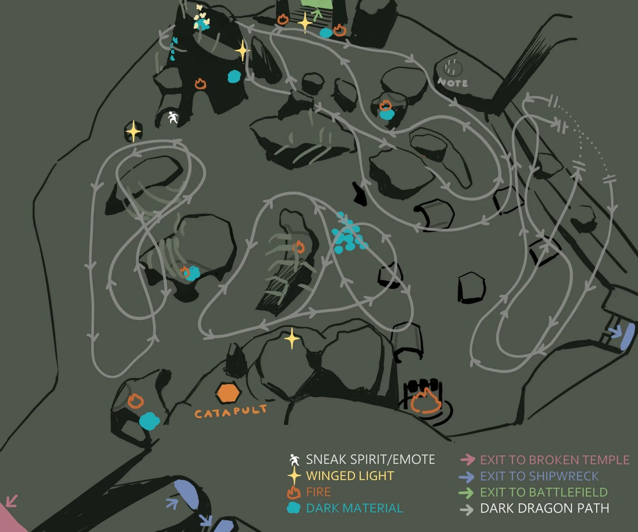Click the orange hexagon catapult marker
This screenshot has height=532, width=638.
pos(229,393)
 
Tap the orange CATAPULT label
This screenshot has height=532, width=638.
pos(230,412)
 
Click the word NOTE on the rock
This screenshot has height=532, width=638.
pos(453,83)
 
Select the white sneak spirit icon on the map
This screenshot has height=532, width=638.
pos(173,117)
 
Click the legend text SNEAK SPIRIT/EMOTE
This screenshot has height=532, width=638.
pos(370,459)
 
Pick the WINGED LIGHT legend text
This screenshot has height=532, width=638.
pos(350,476)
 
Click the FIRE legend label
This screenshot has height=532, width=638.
pos(318,492)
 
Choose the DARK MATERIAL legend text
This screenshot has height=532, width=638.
pos(354,508)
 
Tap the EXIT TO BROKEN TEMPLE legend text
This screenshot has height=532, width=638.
pos(555,460)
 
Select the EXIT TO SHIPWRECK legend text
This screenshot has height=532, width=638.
pos(539,476)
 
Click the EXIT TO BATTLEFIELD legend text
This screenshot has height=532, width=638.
pos(544,492)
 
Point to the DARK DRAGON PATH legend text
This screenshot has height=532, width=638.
pos(544,508)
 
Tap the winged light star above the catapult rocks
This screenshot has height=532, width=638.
pos(292,338)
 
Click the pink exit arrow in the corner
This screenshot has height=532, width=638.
pos(11,501)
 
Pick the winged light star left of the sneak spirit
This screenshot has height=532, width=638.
pos(133,131)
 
